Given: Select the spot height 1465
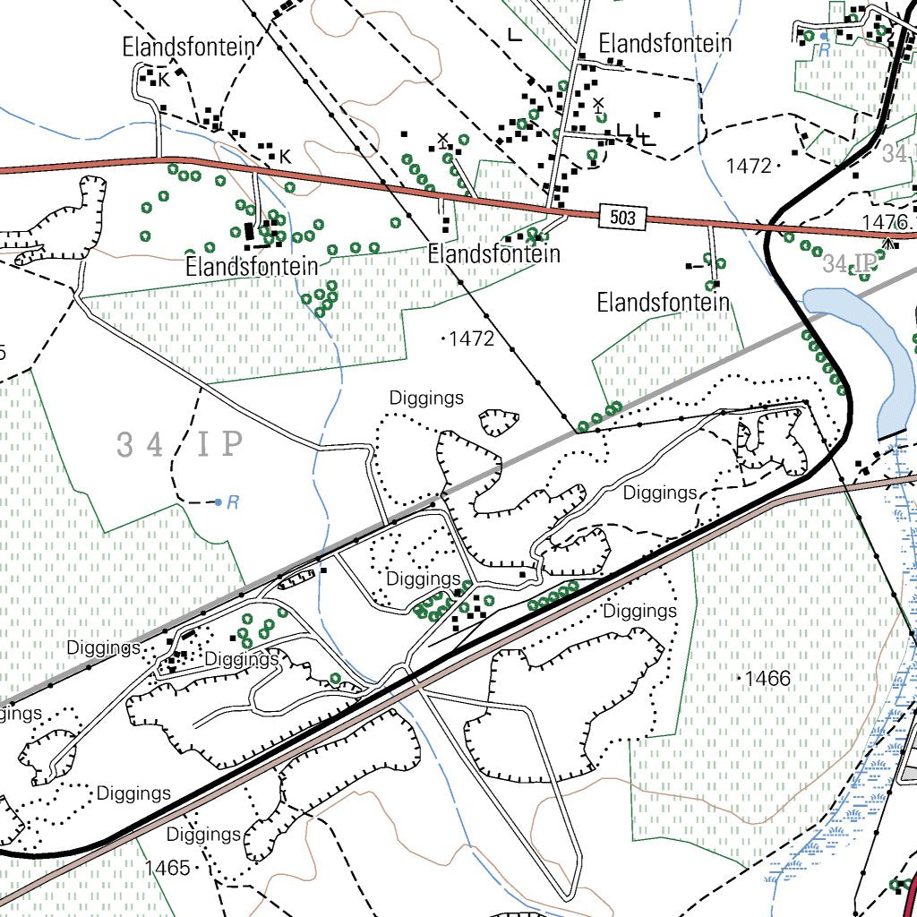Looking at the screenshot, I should [167, 867].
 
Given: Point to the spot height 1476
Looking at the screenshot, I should [885, 221].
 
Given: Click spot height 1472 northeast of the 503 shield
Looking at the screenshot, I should [749, 166].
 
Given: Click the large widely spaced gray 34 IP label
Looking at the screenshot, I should [180, 444].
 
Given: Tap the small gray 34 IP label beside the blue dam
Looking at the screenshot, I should [847, 264].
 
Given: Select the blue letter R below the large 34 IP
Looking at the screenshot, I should [233, 502].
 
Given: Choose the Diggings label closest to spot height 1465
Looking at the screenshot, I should [204, 835].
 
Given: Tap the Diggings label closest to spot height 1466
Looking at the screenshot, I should [639, 611].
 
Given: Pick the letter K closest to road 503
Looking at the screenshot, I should [285, 157].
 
